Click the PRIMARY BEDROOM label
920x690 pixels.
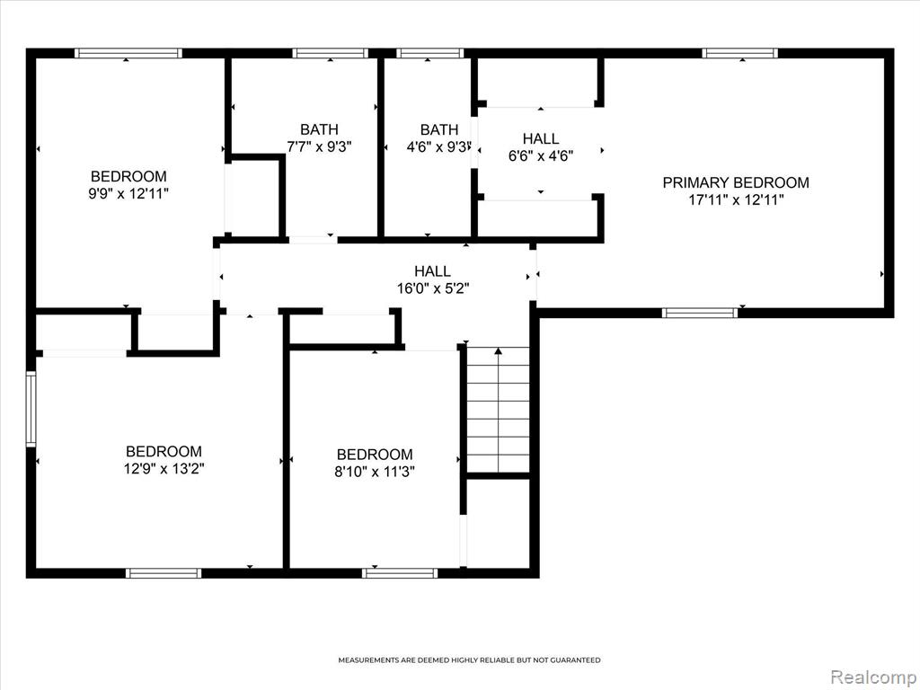(x=736, y=182)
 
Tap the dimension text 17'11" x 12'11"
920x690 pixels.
(x=736, y=200)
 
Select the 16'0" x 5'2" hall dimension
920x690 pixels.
(x=433, y=288)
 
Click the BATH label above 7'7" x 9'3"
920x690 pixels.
(x=319, y=129)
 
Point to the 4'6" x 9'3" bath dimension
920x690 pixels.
(x=439, y=146)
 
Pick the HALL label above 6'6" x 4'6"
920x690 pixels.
(x=540, y=139)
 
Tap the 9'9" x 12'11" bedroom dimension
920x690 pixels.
(x=128, y=194)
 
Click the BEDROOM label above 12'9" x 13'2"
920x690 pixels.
(x=164, y=451)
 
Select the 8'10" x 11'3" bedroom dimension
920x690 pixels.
(x=375, y=472)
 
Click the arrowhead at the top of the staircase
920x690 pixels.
(x=498, y=351)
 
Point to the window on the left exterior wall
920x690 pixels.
(x=31, y=409)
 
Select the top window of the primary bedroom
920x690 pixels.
(x=740, y=53)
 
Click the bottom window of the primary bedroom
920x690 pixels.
(x=700, y=313)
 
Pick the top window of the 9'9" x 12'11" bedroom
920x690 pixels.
(x=128, y=53)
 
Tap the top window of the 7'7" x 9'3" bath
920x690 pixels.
(x=331, y=53)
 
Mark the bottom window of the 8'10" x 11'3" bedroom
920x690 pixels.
(x=400, y=573)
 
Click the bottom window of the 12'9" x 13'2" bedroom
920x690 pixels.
(x=164, y=573)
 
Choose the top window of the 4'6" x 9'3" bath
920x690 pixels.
(x=430, y=53)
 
